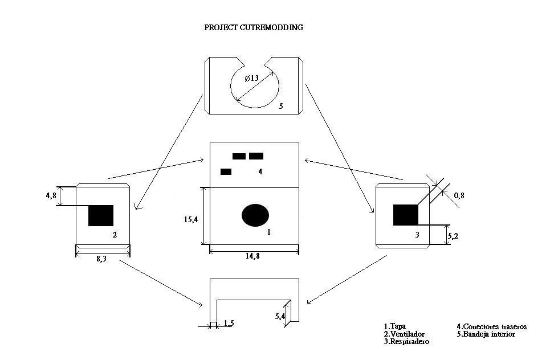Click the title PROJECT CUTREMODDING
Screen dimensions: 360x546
point(254,27)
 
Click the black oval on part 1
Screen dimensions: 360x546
point(255,215)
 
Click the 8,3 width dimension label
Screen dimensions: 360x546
point(101,259)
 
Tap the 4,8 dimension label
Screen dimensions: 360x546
point(51,195)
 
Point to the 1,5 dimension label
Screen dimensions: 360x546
point(228,324)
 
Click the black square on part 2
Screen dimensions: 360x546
point(101,215)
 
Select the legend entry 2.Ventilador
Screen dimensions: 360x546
point(404,334)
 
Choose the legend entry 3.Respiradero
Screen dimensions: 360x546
point(406,342)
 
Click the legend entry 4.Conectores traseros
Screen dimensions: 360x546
point(491,326)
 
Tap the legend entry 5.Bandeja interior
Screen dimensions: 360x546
point(486,334)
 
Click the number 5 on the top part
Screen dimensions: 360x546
point(281,106)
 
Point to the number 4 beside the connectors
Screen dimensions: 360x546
point(260,171)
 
